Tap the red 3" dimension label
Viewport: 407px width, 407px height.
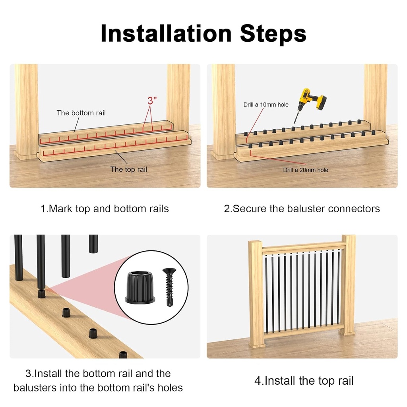click(152, 101)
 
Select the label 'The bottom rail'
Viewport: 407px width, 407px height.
click(81, 113)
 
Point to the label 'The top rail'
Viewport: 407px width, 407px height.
click(128, 169)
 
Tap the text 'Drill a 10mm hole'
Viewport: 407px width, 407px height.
click(266, 105)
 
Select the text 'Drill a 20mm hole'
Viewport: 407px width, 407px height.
click(305, 170)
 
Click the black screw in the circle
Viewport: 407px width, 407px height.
click(168, 286)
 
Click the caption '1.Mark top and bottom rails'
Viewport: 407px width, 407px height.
click(105, 209)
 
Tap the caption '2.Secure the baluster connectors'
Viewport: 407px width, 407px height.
click(302, 209)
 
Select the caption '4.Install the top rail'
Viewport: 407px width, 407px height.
click(304, 381)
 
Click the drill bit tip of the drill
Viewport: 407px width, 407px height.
click(295, 121)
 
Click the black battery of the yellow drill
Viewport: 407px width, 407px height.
click(320, 102)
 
